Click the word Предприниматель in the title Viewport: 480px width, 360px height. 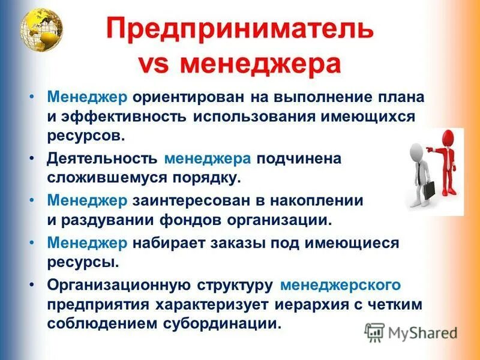240,31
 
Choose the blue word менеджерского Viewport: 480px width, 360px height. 341,284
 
